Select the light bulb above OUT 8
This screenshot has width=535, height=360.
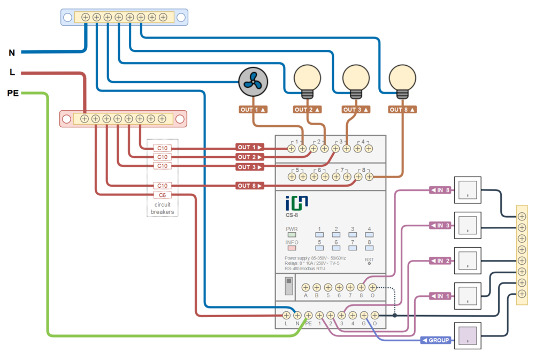402,79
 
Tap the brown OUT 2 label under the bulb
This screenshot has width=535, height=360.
308,110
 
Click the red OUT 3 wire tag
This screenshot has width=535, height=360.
250,167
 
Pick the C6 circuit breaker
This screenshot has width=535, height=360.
162,195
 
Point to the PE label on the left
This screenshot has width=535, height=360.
12,93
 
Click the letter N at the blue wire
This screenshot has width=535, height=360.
12,53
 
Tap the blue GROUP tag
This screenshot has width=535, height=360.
436,340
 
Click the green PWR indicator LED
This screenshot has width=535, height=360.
292,234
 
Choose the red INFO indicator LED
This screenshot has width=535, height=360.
292,248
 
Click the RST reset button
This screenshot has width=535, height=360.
369,264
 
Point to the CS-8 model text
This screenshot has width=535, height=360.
292,216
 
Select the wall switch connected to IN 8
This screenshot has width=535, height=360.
468,190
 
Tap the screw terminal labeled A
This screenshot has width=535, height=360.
305,288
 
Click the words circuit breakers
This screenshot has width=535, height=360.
162,209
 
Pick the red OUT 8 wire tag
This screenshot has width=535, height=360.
250,186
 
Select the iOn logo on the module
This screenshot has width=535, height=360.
296,203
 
